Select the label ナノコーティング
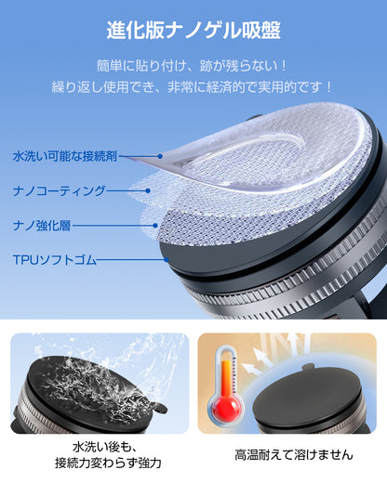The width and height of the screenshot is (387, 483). click(x=58, y=190)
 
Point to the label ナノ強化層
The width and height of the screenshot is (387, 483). click(x=46, y=225)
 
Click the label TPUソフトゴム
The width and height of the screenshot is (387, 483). click(x=54, y=259)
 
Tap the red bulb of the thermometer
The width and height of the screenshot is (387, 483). click(x=225, y=409)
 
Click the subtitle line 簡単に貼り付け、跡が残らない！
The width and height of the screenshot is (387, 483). click(x=193, y=67)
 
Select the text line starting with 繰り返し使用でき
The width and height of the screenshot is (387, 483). click(x=193, y=88)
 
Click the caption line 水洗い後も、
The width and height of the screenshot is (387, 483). click(x=97, y=447)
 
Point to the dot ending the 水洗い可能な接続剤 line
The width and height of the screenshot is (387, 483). click(x=160, y=157)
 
